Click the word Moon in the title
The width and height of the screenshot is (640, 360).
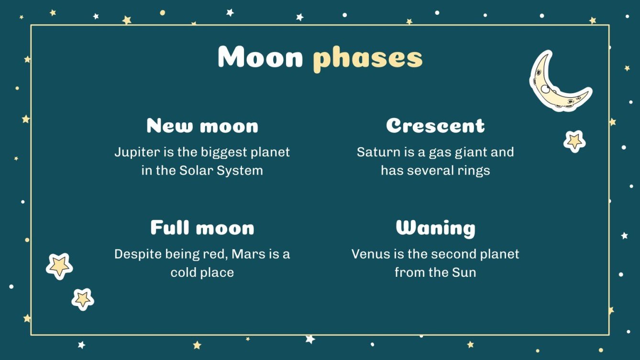coord(260,57)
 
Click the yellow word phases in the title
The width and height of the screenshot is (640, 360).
coord(368,58)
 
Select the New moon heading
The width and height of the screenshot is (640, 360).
coord(202,126)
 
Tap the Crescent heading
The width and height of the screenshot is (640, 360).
coord(435,126)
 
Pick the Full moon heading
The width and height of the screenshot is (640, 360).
coord(202,228)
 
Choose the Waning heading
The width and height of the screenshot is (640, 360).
coord(435,229)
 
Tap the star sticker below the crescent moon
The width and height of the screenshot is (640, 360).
coord(574,141)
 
